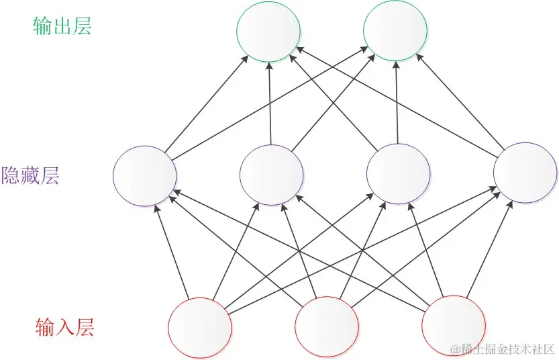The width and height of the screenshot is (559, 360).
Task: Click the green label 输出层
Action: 62,26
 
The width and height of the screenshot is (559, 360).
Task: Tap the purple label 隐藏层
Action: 30,175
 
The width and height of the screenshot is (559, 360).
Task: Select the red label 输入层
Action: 64,328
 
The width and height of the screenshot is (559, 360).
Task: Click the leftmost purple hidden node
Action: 145,175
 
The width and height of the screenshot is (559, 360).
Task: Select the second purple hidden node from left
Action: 271,175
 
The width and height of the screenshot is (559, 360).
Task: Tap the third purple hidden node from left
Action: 398,175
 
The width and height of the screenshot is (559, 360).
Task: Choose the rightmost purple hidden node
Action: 525,173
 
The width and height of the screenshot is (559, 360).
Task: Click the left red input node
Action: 200,328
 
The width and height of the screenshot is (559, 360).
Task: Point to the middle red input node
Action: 327,328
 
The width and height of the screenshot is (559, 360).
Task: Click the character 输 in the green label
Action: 42,26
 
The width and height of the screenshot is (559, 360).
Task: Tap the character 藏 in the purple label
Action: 30,175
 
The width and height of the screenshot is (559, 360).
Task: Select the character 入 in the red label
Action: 64,328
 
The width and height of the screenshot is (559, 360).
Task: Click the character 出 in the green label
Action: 62,26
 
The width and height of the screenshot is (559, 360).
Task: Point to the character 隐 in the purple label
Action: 11,175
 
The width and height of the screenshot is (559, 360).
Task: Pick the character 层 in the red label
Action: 84,328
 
